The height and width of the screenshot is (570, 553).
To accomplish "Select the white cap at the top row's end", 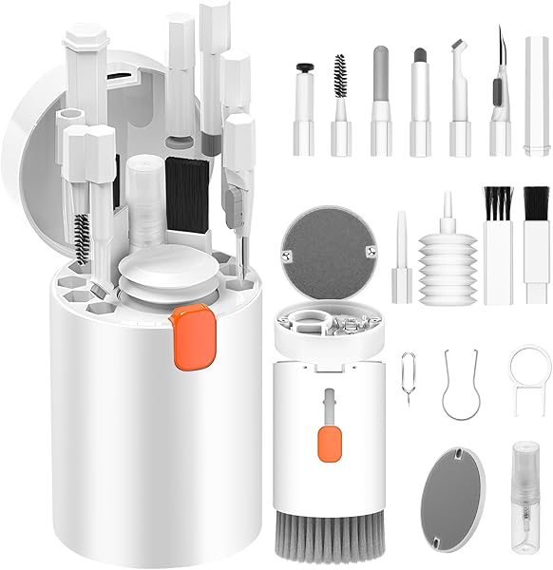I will (537, 96).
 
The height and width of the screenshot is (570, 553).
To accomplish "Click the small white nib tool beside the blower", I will (400, 256).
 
